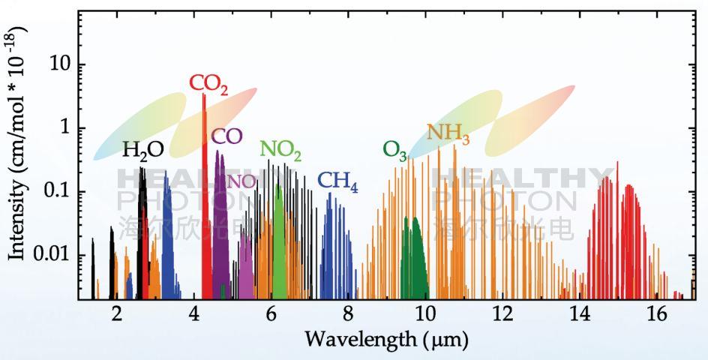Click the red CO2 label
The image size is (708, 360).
click(x=208, y=84)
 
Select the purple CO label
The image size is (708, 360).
click(x=226, y=136)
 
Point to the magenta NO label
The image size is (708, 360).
click(x=241, y=181)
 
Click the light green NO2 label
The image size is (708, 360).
click(x=280, y=150)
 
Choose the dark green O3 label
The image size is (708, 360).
click(x=394, y=151)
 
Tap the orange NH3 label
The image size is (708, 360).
click(x=448, y=134)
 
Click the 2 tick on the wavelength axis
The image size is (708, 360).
click(x=116, y=315)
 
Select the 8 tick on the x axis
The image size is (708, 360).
click(x=348, y=315)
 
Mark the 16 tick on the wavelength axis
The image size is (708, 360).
click(x=657, y=315)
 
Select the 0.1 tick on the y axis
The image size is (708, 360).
click(x=58, y=191)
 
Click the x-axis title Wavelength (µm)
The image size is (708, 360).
click(x=386, y=340)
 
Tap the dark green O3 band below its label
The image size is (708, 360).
click(x=414, y=255)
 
